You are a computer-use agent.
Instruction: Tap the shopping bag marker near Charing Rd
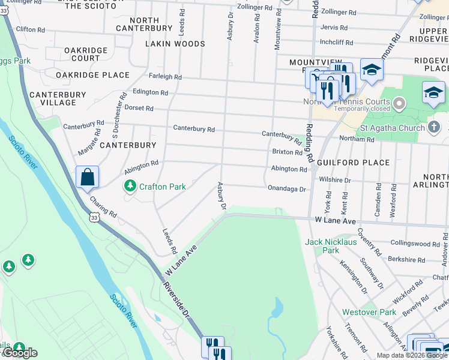(x=87, y=177)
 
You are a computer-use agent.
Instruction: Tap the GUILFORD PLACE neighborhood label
(x=359, y=163)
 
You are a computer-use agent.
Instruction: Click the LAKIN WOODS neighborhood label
(x=175, y=44)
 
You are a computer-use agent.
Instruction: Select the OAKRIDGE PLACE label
(x=92, y=75)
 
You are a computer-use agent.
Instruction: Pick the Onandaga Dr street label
(x=287, y=189)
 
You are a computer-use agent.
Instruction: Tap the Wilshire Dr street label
(x=335, y=179)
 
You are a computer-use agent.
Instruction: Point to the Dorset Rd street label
(x=139, y=109)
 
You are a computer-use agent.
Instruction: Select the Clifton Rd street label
(x=30, y=29)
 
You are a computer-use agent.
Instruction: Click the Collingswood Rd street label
(x=415, y=244)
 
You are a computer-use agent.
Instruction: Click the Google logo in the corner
(x=20, y=353)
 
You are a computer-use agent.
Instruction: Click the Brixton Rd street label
(x=287, y=152)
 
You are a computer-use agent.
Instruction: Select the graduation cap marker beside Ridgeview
(x=433, y=93)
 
